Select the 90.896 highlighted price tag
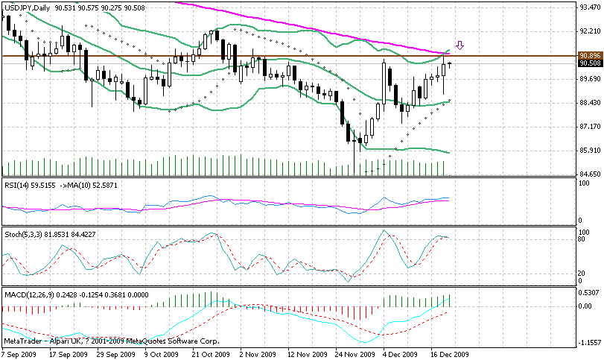click(x=589, y=56)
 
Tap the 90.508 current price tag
click(x=589, y=63)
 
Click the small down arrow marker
click(x=460, y=45)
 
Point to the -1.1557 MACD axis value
click(x=589, y=342)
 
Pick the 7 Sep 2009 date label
click(x=20, y=355)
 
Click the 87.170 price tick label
click(x=589, y=127)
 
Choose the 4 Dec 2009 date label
click(x=400, y=355)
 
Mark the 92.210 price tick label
click(x=589, y=31)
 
